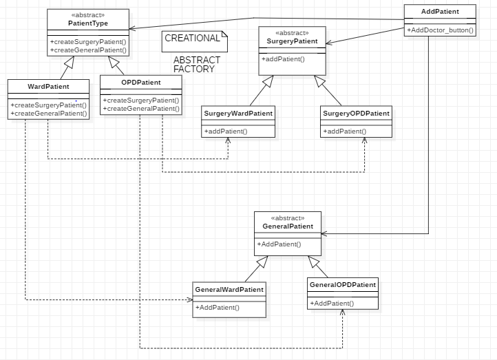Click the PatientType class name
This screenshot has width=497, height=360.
point(88,23)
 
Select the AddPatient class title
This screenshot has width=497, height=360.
point(440,12)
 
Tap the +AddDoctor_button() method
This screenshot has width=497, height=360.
point(441,30)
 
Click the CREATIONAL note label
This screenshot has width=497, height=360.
point(192,38)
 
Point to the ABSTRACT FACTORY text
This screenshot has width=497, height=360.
point(196,64)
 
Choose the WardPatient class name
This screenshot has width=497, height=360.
point(48,87)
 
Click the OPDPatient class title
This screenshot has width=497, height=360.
point(141,83)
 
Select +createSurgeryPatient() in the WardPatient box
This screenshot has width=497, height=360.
point(48,105)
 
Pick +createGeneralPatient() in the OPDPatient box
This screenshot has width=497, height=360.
point(141,109)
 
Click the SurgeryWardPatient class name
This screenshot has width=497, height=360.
point(238,114)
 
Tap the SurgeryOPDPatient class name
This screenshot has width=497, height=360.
point(357,114)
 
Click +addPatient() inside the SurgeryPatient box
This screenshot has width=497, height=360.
point(283,59)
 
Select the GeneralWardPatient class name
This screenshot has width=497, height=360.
point(229,290)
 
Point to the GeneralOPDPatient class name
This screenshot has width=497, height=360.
point(343,284)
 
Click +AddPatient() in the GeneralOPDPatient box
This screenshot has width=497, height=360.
point(332,304)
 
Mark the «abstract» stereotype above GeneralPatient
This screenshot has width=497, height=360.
point(288,218)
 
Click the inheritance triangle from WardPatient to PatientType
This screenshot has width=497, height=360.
point(70,62)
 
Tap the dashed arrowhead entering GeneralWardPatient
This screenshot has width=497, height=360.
point(190,299)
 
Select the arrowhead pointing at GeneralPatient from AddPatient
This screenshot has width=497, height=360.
point(324,234)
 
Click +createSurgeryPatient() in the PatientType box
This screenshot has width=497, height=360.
point(88,42)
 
